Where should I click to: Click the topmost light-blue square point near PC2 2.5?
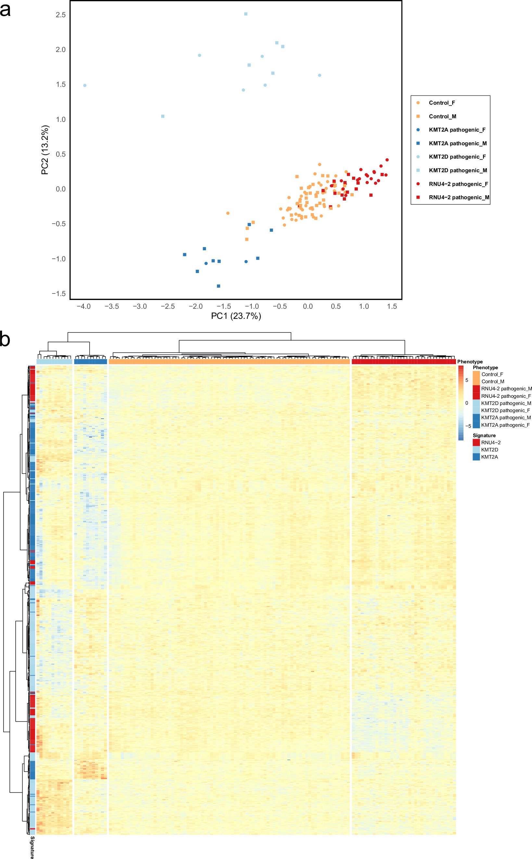246,14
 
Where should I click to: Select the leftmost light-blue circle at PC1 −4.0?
85,85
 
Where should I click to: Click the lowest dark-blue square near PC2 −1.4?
219,286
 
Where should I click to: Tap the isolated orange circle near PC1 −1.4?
228,213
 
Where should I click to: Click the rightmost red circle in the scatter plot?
387,160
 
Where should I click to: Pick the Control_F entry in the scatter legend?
442,103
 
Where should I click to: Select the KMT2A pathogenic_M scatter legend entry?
457,143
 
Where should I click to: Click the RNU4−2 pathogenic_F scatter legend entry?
458,184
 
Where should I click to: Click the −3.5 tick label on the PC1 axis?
111,306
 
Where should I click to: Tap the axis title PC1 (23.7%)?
236,316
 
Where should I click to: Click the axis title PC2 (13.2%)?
45,150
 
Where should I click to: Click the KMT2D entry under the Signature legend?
489,449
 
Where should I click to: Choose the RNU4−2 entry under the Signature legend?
490,443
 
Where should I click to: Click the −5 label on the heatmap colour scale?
468,426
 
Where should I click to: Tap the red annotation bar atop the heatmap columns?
404,361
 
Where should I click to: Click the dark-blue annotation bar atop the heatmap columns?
91,361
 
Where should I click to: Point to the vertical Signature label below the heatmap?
32,847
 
